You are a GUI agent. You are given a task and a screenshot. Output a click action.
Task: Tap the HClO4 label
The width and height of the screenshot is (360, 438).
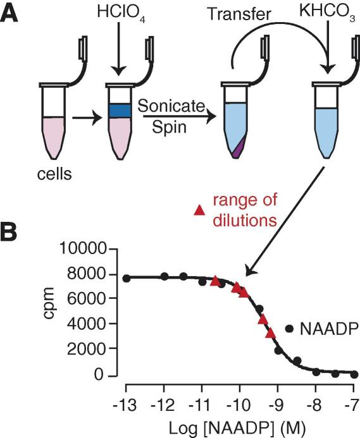(x=121, y=13)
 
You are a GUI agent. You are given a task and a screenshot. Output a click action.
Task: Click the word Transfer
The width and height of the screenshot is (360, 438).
(x=239, y=14)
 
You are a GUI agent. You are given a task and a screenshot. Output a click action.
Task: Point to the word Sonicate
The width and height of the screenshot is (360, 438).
(x=171, y=106)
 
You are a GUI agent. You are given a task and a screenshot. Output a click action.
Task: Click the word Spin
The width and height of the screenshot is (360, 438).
(x=170, y=128)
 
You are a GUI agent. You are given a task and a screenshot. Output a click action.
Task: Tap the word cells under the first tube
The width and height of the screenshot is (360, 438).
(x=54, y=174)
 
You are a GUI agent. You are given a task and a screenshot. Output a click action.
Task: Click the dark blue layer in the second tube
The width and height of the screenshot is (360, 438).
(x=120, y=111)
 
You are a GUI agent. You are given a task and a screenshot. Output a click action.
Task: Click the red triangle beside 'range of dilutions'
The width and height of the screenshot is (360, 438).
(x=200, y=210)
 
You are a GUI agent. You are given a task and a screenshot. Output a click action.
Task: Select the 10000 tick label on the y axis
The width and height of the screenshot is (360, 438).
(x=83, y=248)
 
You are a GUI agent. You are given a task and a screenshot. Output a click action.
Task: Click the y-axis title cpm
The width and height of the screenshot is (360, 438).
(x=49, y=303)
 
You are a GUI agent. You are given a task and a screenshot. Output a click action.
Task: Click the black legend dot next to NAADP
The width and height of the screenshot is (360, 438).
(x=289, y=329)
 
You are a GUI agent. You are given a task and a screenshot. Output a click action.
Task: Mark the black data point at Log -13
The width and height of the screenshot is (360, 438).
(x=127, y=278)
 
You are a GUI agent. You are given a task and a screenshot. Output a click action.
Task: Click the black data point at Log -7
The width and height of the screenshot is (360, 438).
(x=354, y=374)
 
